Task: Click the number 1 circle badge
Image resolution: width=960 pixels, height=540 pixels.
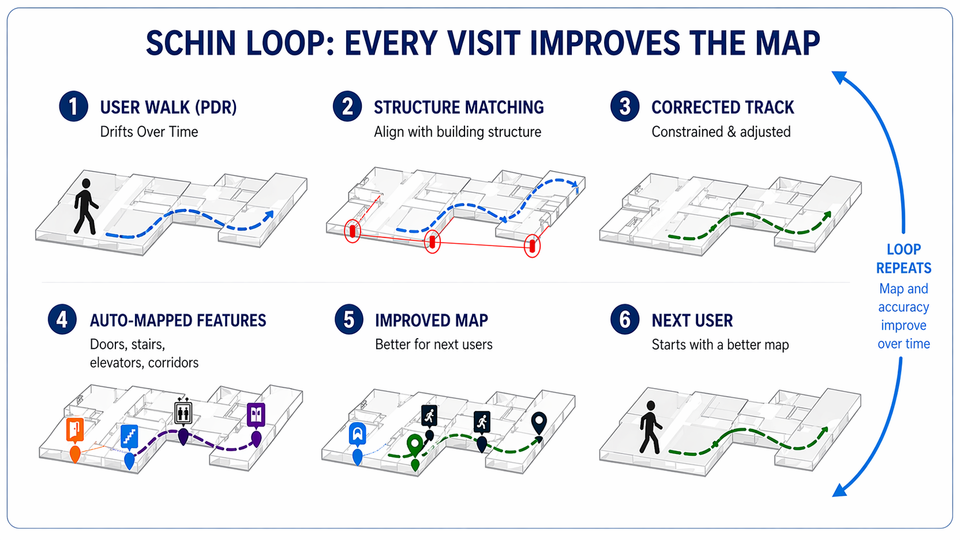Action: (73, 107)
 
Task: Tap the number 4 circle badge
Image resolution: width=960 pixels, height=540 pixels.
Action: (63, 320)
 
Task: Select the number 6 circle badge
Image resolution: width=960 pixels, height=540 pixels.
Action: (625, 320)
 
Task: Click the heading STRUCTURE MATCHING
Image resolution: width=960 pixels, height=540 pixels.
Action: (459, 107)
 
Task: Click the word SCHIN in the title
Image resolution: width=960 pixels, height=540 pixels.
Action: (191, 44)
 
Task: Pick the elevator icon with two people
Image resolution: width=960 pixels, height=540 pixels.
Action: (183, 411)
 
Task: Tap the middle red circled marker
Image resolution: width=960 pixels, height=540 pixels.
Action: (432, 242)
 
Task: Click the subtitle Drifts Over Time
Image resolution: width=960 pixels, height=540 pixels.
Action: (149, 131)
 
